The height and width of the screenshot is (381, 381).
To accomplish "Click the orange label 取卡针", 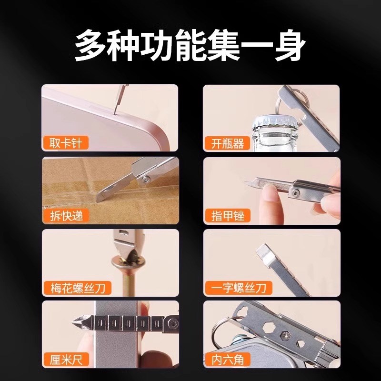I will pos(65,142).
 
